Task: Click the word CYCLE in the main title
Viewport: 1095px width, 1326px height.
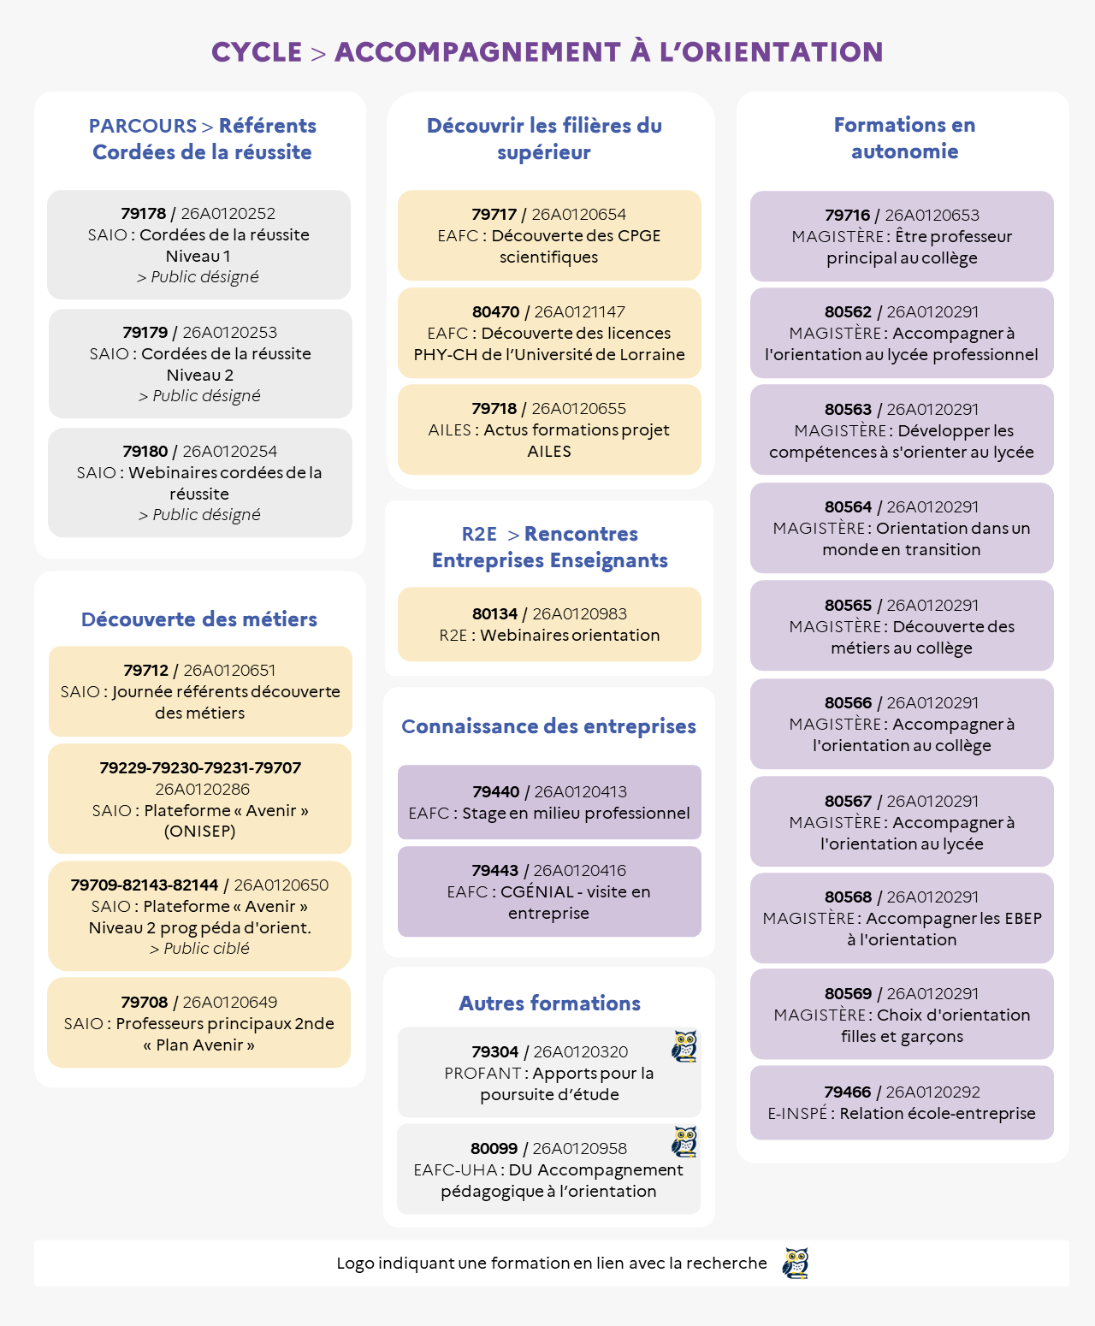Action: [257, 52]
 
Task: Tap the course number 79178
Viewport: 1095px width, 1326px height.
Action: [144, 213]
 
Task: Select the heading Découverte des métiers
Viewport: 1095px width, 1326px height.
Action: [199, 619]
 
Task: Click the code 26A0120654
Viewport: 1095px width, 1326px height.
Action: [578, 215]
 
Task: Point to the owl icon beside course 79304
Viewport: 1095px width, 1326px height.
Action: [684, 1046]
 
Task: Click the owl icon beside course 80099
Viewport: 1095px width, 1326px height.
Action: [684, 1141]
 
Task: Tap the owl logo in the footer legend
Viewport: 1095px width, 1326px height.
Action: [796, 1264]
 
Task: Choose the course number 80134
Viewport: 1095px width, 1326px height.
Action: [494, 614]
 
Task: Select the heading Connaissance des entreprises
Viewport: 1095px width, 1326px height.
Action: [548, 725]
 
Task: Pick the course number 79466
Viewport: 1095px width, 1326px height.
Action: [847, 1092]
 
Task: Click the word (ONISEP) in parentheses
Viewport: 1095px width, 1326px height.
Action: [200, 832]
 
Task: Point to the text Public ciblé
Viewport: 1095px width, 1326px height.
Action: [206, 949]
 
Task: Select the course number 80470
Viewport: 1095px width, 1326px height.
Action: [495, 311]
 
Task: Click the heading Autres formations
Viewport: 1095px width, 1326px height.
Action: [550, 1003]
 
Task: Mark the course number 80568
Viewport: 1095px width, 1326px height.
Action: [849, 897]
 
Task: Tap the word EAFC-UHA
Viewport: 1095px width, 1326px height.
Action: [455, 1169]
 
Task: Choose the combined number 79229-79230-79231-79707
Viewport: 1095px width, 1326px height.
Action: [200, 767]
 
